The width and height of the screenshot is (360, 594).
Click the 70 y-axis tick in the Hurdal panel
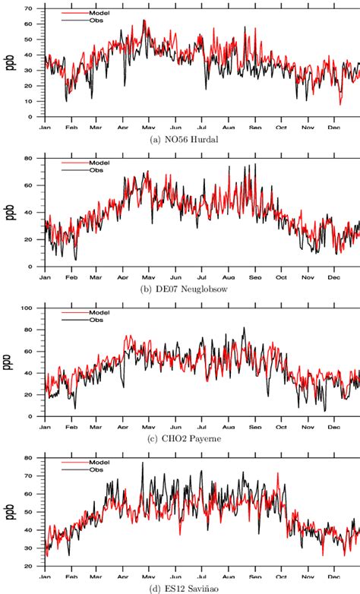pos(30,8)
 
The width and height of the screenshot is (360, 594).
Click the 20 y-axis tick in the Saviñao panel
pos(30,567)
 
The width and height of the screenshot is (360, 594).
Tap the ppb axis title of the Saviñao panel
pos(11,513)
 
